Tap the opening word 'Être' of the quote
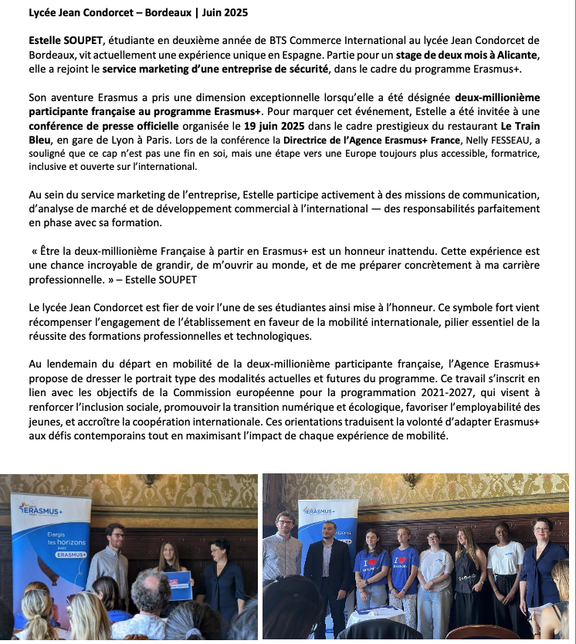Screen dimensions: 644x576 50,252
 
